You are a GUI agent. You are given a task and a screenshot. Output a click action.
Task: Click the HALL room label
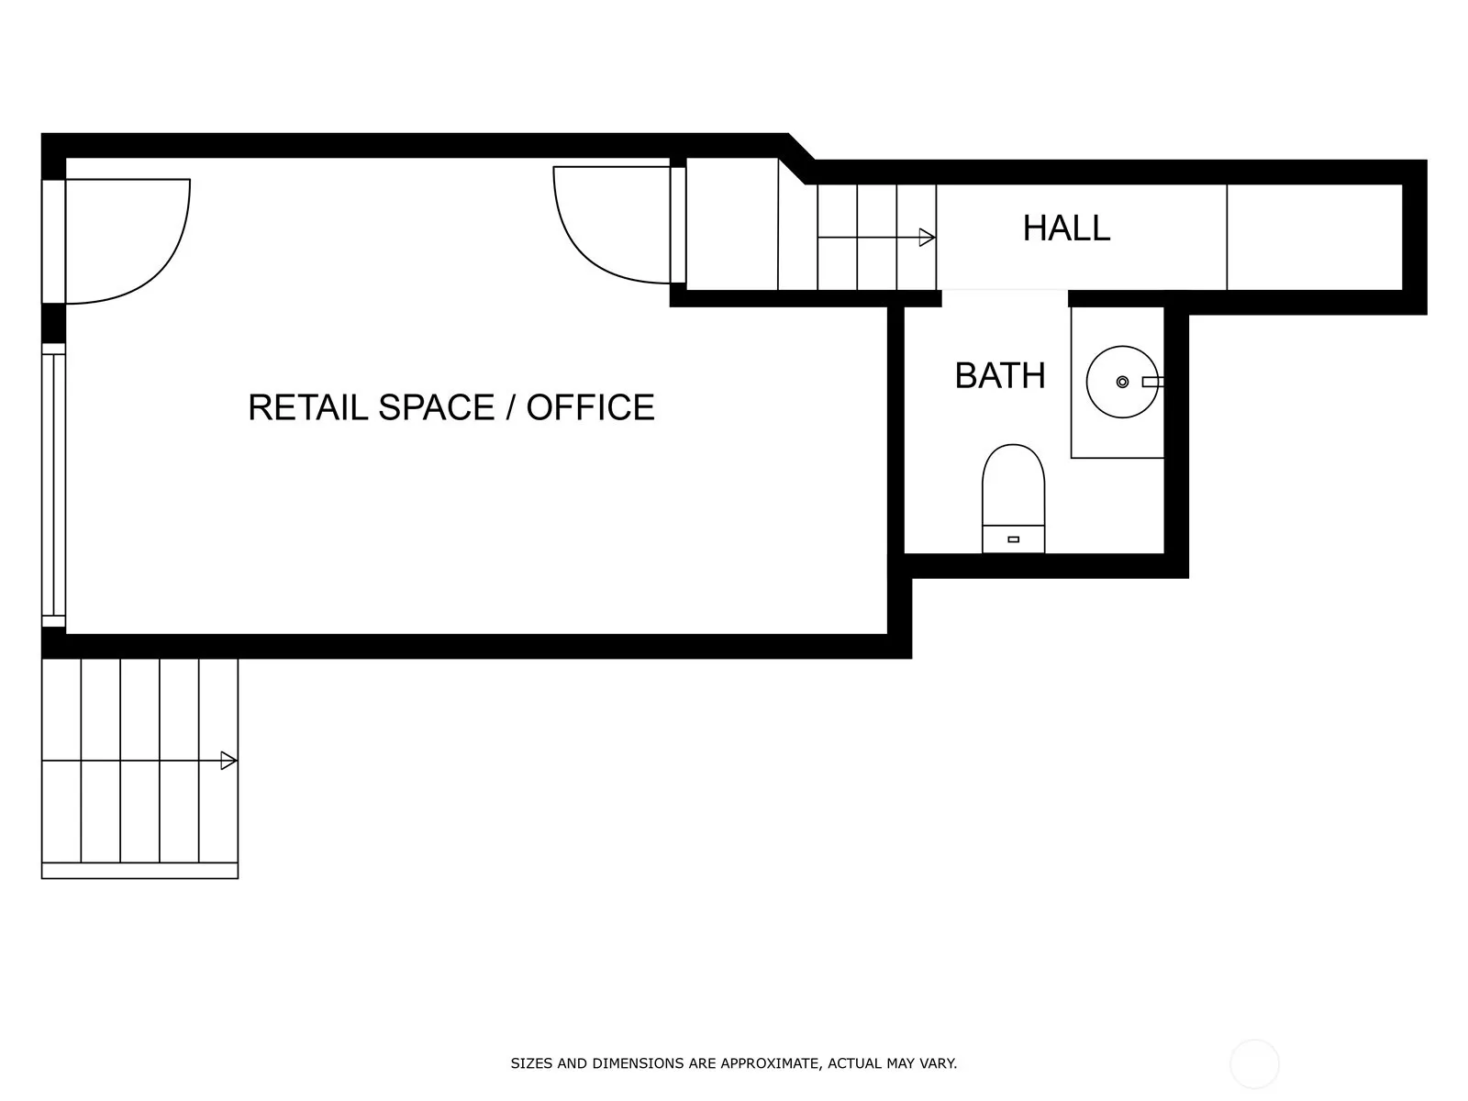tap(1066, 228)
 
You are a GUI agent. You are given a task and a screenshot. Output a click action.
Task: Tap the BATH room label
tap(1000, 375)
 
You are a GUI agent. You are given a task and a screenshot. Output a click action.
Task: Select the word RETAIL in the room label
tap(307, 407)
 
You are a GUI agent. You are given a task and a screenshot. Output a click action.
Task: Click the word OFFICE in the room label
tap(591, 407)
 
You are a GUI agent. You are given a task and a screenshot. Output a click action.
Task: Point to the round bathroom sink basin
tap(1121, 382)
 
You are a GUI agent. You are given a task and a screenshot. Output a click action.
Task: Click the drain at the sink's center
tap(1122, 382)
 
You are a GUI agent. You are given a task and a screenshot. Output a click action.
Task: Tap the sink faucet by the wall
tap(1152, 382)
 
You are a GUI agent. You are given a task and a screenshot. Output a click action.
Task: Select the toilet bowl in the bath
tap(1013, 484)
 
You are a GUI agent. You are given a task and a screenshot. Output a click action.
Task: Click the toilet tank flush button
tap(1013, 539)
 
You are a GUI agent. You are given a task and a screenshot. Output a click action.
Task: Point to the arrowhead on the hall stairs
tap(927, 238)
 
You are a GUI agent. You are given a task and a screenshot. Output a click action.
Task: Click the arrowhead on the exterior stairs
tap(228, 761)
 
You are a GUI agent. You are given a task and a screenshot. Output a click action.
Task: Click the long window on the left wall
tap(53, 485)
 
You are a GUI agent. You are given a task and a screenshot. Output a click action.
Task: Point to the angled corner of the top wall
tap(801, 159)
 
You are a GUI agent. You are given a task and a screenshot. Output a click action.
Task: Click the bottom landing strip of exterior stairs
tap(139, 871)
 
